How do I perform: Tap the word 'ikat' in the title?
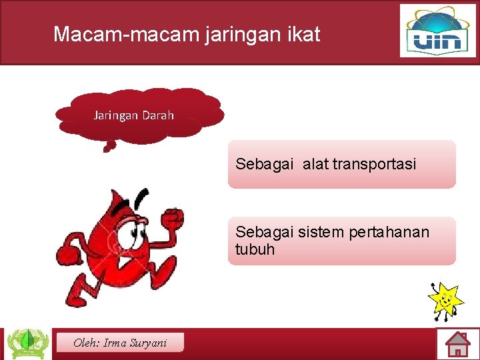(x=303, y=34)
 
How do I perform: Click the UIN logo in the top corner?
(x=438, y=31)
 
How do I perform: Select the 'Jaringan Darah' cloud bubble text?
(x=134, y=115)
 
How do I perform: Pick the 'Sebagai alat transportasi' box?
(x=341, y=164)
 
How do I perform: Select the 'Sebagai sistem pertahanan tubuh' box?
(x=341, y=241)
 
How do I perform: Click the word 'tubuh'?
(x=255, y=250)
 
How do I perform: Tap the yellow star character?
(x=445, y=299)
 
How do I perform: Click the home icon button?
(x=458, y=344)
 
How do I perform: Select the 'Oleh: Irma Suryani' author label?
(x=120, y=343)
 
